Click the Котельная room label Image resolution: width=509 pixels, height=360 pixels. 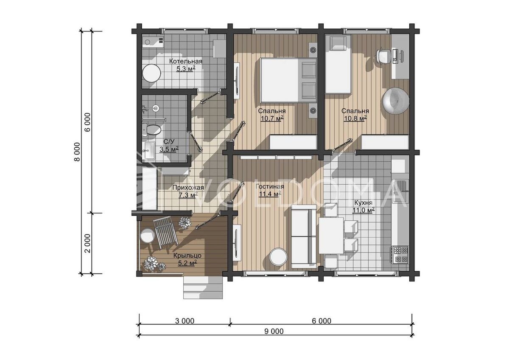(x=186, y=62)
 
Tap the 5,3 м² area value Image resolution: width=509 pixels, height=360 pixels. (x=186, y=69)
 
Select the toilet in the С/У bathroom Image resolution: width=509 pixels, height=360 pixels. (x=152, y=129)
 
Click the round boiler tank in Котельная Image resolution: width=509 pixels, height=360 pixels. (x=151, y=73)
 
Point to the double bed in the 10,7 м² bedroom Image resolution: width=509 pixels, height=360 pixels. (x=288, y=80)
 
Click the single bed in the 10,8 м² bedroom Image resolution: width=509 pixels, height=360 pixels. (x=338, y=65)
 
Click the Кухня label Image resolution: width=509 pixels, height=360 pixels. (x=364, y=202)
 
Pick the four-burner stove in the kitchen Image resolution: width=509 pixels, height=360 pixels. (x=400, y=255)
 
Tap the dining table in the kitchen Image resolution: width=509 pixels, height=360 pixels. (x=331, y=236)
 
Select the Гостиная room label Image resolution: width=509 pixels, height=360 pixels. (x=270, y=186)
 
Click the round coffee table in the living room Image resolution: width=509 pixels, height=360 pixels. (x=278, y=256)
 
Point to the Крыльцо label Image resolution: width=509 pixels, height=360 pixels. (x=187, y=256)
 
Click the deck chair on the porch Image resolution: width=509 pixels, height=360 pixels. (x=165, y=232)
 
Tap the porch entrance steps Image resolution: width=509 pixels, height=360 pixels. (x=203, y=287)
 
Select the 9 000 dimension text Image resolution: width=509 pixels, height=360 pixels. (x=274, y=332)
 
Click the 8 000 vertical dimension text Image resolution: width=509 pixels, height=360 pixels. (x=77, y=152)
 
